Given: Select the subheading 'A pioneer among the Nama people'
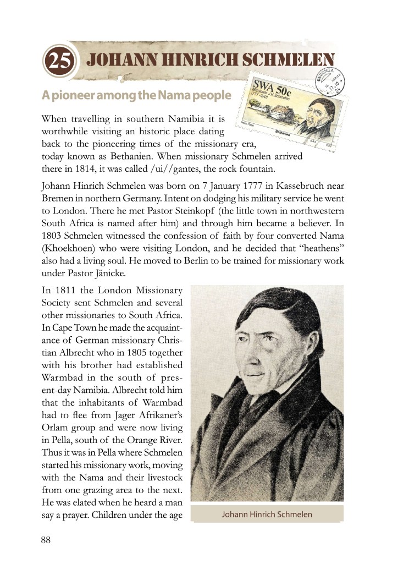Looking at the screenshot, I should tap(136, 96).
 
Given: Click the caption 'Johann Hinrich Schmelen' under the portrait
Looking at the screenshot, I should tap(267, 515).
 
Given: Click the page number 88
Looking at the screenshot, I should tap(46, 540).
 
